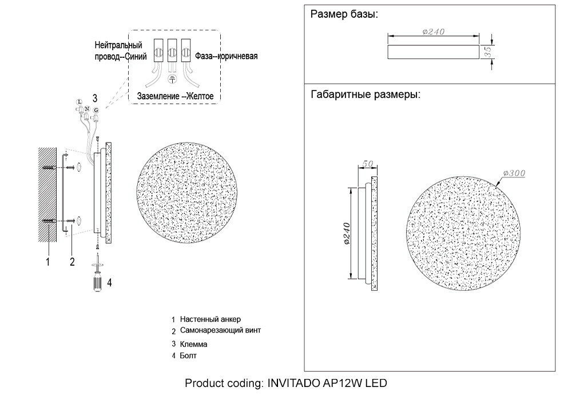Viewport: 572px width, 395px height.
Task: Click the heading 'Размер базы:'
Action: click(344, 15)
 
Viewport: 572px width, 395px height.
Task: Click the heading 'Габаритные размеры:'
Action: click(366, 94)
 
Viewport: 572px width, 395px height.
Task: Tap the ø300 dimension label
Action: click(514, 173)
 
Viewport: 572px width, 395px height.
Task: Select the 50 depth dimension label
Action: click(367, 164)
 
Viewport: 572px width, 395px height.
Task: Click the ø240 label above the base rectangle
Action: click(433, 32)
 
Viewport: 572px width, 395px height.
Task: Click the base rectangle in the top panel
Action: click(434, 52)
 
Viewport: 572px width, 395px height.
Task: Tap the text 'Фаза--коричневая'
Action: click(227, 56)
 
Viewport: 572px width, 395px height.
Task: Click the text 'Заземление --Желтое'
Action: click(175, 97)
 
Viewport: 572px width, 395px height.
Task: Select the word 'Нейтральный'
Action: click(118, 45)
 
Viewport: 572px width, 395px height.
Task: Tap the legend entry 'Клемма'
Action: click(193, 345)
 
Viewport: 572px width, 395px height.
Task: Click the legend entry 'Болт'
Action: click(188, 356)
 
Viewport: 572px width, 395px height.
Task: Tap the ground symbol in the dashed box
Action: click(172, 79)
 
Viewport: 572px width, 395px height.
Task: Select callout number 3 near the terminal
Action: click(95, 97)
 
